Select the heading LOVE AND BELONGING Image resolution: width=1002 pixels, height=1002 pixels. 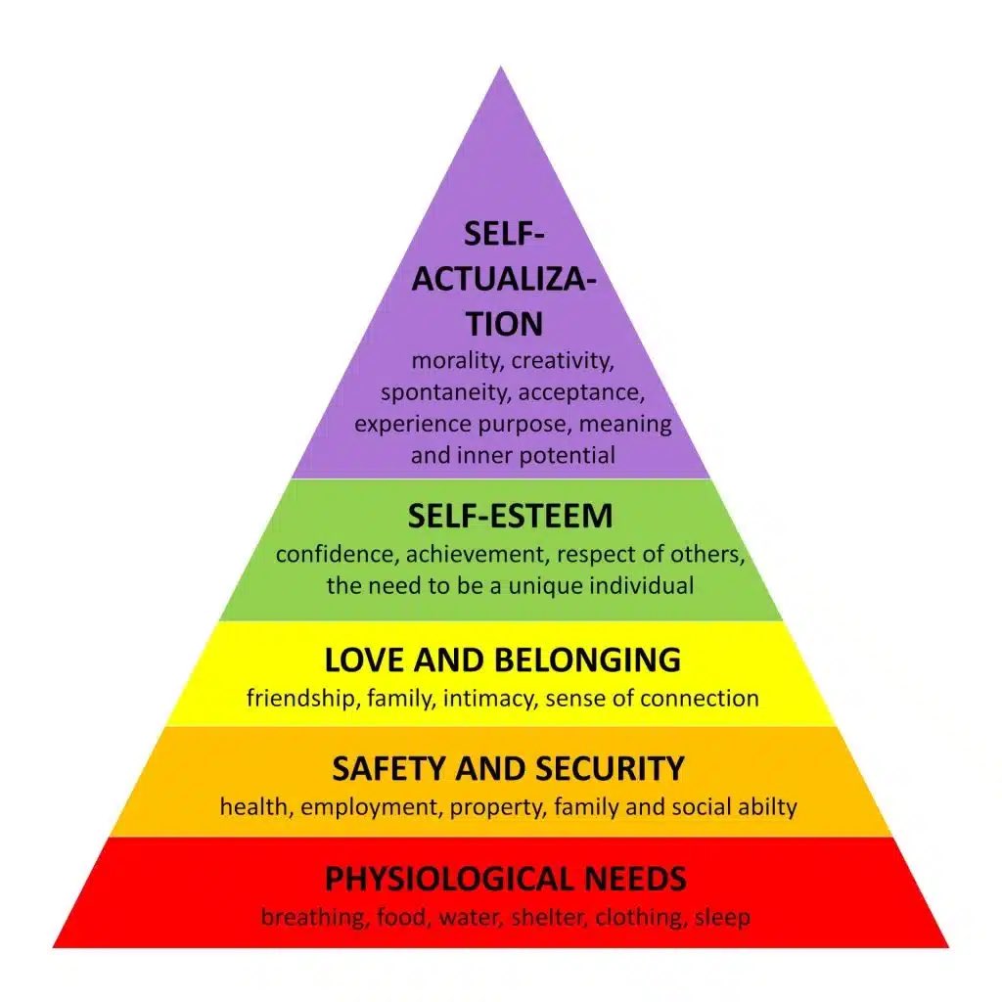[x=502, y=660]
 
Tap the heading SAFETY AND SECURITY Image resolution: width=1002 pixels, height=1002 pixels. [x=508, y=769]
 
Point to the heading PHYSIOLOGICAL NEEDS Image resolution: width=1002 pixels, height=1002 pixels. [x=505, y=879]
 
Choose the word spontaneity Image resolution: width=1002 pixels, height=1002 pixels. [x=445, y=393]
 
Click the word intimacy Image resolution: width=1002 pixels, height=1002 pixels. [x=489, y=699]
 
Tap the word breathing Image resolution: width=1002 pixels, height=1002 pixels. [x=306, y=918]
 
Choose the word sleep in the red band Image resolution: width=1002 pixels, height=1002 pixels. [x=723, y=918]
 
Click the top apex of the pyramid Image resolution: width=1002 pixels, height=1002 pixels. [x=501, y=68]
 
